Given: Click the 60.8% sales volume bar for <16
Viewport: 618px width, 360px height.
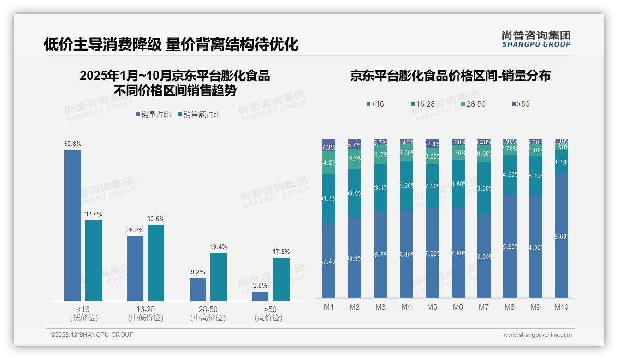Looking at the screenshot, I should (72, 225).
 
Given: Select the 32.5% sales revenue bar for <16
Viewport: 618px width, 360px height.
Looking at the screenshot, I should (94, 260).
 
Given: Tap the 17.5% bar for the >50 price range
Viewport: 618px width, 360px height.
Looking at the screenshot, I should (281, 279).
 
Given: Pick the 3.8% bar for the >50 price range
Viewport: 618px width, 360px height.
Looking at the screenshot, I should (260, 296).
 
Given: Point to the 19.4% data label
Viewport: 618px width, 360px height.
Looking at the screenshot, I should (219, 247).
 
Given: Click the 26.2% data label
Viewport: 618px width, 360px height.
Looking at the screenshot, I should (135, 230).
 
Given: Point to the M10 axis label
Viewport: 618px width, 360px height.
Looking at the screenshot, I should (561, 307).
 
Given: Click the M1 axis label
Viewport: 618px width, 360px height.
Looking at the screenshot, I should (328, 307).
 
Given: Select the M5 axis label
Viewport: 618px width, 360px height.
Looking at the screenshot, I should (432, 307).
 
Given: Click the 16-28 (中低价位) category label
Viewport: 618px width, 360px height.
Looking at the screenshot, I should (145, 313).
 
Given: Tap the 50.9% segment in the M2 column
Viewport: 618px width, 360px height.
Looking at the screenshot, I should (354, 258).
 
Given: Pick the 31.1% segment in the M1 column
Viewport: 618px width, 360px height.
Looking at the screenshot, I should (328, 198).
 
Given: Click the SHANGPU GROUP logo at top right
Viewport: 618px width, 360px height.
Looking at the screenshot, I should (536, 39).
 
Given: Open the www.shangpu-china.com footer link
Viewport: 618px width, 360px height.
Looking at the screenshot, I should (537, 335).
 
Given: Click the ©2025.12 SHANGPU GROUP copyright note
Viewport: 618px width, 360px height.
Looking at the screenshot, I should (92, 335).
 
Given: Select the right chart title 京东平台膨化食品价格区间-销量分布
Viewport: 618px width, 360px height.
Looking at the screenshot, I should (450, 76).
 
